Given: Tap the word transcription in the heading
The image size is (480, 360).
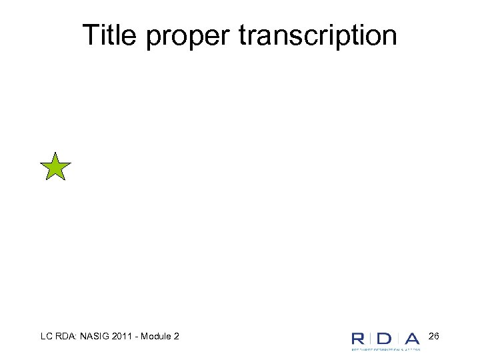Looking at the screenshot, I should [317, 36].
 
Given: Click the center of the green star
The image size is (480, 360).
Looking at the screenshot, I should [55, 168].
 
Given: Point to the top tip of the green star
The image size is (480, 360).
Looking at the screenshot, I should [55, 152].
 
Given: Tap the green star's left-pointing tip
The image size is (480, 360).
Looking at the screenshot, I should [40, 163].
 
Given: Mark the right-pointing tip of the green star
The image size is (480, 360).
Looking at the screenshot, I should [71, 163].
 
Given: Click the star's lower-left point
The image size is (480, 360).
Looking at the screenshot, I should [46, 181].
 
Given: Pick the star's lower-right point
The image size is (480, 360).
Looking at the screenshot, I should [65, 181].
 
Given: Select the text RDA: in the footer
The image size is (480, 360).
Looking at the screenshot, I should [64, 337].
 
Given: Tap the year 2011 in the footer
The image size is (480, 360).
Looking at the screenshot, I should [125, 337].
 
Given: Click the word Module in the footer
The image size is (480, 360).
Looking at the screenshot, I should [157, 337].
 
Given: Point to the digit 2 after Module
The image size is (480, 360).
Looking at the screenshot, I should [176, 337].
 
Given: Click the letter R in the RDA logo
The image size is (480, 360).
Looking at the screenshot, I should [360, 338].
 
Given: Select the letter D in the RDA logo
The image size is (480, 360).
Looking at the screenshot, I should [384, 338].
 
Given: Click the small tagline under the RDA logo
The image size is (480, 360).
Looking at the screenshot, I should [386, 348].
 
